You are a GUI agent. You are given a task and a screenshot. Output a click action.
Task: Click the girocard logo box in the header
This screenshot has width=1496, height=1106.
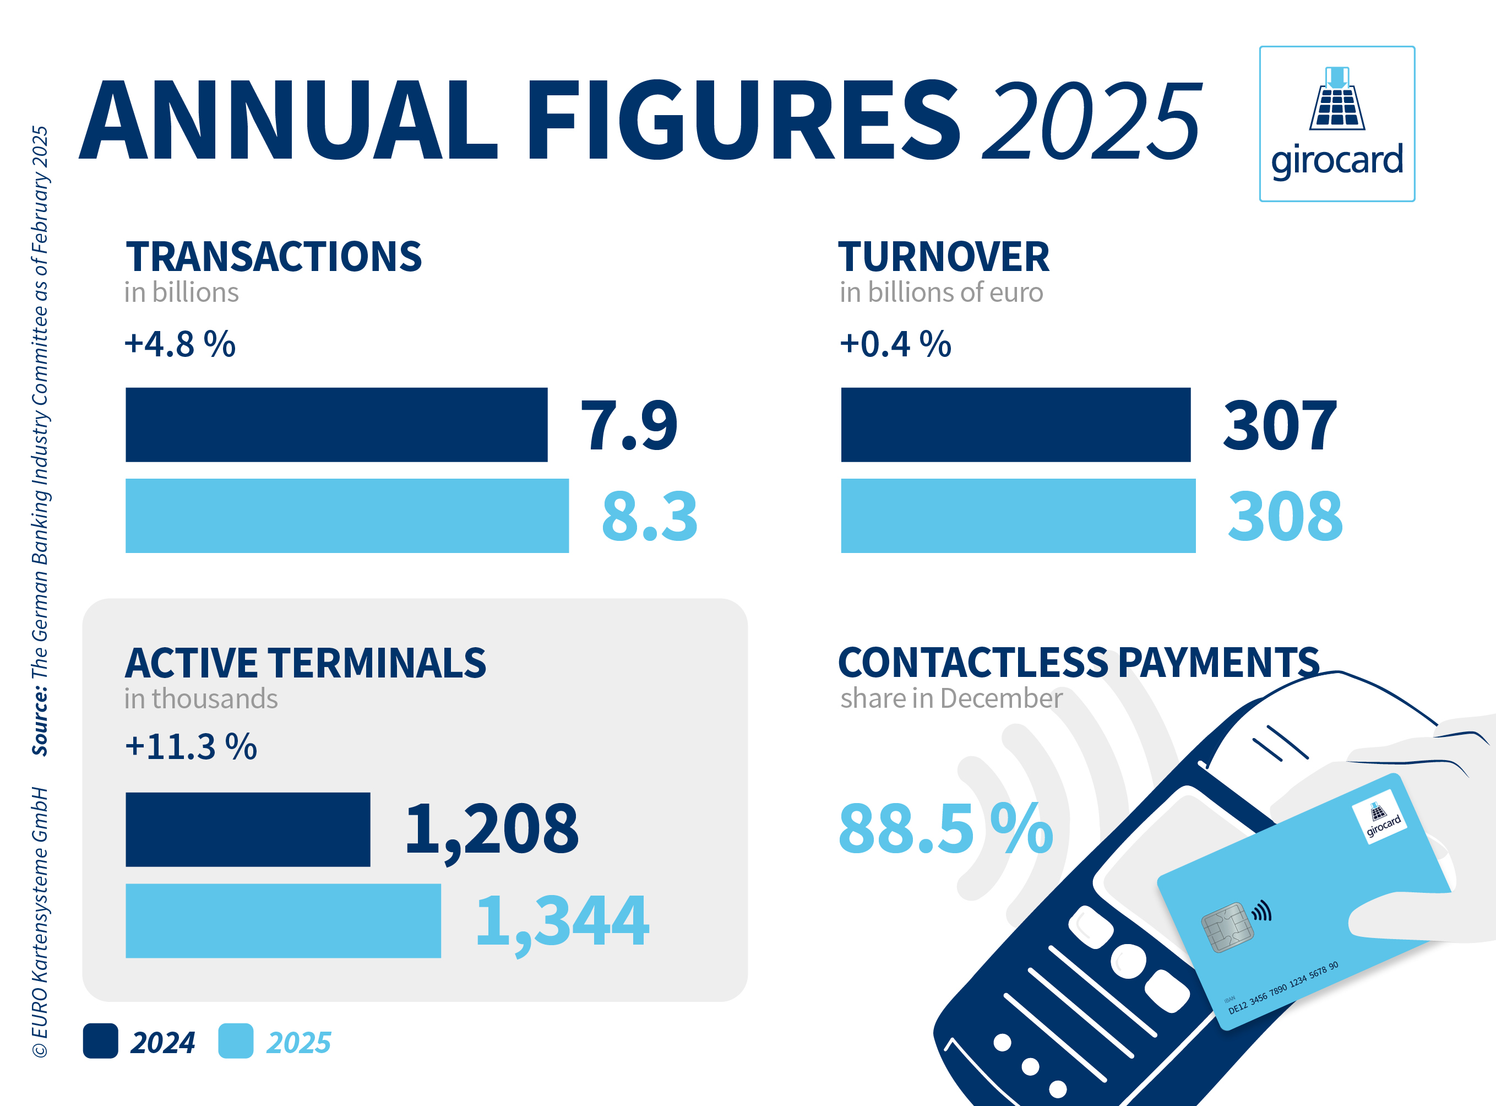(1337, 124)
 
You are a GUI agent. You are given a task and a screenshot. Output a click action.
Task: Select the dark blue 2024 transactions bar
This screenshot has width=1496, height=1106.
(336, 425)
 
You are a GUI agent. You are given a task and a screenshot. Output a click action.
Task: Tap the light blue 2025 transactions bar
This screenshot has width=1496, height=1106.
(347, 516)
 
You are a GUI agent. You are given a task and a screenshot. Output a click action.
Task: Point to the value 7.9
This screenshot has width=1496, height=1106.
(629, 426)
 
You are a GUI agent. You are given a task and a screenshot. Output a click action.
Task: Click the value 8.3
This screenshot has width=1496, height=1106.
(649, 516)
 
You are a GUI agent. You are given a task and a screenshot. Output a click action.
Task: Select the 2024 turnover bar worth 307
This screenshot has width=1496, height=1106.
(1015, 425)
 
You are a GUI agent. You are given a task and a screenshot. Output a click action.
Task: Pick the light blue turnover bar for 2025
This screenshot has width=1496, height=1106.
(1018, 516)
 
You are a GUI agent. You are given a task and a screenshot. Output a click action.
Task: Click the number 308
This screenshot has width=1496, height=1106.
(1285, 516)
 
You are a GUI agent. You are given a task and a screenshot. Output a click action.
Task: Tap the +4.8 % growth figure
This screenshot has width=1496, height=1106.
(180, 344)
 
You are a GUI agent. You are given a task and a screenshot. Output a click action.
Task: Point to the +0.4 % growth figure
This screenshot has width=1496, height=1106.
(895, 344)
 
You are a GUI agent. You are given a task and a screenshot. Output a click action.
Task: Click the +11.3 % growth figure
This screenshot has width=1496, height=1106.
(191, 746)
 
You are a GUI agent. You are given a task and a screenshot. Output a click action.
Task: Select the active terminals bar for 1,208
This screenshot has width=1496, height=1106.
(248, 829)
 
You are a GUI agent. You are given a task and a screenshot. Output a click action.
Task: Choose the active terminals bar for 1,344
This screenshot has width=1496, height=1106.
(283, 920)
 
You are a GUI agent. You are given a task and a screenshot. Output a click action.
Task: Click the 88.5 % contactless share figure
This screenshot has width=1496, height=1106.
(945, 829)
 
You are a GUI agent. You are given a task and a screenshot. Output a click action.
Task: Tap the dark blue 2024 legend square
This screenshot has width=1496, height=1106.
(100, 1041)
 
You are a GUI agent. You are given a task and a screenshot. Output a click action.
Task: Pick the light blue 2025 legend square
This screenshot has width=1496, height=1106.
(236, 1041)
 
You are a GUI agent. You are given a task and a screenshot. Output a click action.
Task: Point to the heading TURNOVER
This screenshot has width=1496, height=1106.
(943, 257)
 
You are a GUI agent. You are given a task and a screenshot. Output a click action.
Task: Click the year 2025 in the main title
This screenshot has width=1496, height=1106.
(1091, 121)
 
